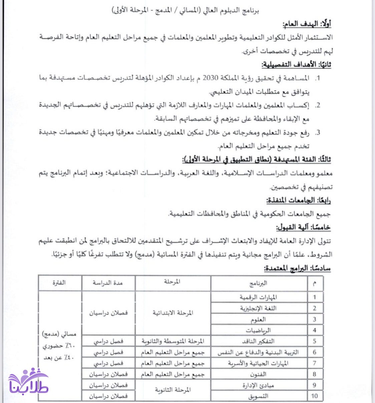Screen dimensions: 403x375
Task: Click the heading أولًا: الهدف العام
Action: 307,24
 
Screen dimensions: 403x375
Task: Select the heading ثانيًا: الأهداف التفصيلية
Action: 296,64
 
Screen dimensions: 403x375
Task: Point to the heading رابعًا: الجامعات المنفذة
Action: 298,201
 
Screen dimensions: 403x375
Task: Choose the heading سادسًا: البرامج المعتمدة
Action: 297,268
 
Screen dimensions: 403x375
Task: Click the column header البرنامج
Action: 259,283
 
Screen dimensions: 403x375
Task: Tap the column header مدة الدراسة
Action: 108,283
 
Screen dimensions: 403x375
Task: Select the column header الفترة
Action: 59,283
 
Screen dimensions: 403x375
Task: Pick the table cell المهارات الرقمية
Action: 258,297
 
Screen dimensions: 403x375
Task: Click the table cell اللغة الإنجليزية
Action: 258,308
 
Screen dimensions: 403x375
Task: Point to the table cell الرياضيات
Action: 258,330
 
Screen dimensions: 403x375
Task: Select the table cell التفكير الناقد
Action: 258,341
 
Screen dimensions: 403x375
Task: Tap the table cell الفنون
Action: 258,374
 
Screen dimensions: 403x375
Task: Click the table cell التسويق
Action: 258,396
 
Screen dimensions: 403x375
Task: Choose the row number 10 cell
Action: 314,396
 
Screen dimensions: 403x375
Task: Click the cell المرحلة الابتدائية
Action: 173,313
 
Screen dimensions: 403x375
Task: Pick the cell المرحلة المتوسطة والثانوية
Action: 173,341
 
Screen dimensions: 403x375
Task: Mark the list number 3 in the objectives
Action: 318,133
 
